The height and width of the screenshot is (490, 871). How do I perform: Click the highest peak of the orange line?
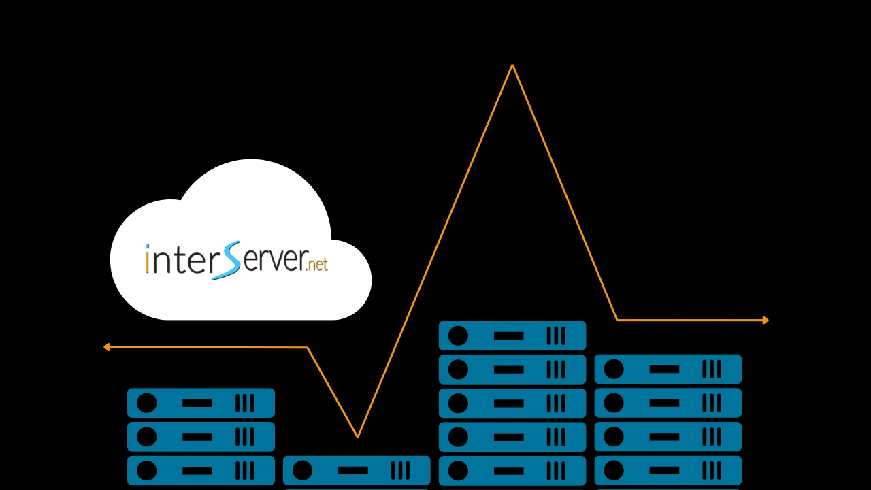(512, 66)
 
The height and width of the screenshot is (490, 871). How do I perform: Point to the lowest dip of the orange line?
(357, 436)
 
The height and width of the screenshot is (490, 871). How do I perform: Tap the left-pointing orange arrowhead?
(107, 347)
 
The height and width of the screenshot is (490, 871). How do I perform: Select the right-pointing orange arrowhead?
(766, 320)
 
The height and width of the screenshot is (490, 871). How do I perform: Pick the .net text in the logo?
(317, 263)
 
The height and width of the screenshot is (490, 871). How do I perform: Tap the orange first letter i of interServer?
(148, 260)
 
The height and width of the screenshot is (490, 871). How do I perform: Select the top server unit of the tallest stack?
(512, 336)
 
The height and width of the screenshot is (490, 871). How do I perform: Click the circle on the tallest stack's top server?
(458, 336)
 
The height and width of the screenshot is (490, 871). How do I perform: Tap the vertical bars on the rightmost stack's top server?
(711, 370)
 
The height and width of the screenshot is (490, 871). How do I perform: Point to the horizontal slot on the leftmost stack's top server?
(197, 404)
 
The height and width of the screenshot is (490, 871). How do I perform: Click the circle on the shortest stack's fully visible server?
(302, 470)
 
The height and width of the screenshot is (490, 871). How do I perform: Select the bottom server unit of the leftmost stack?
(201, 470)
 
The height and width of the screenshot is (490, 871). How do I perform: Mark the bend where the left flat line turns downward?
(308, 348)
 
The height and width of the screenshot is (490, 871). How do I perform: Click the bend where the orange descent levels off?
(617, 320)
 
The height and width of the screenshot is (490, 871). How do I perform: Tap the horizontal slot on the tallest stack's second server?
(509, 370)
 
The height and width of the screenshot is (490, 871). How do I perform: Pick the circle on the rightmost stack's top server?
(614, 370)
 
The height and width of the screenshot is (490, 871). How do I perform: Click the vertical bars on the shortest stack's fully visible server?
(400, 470)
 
